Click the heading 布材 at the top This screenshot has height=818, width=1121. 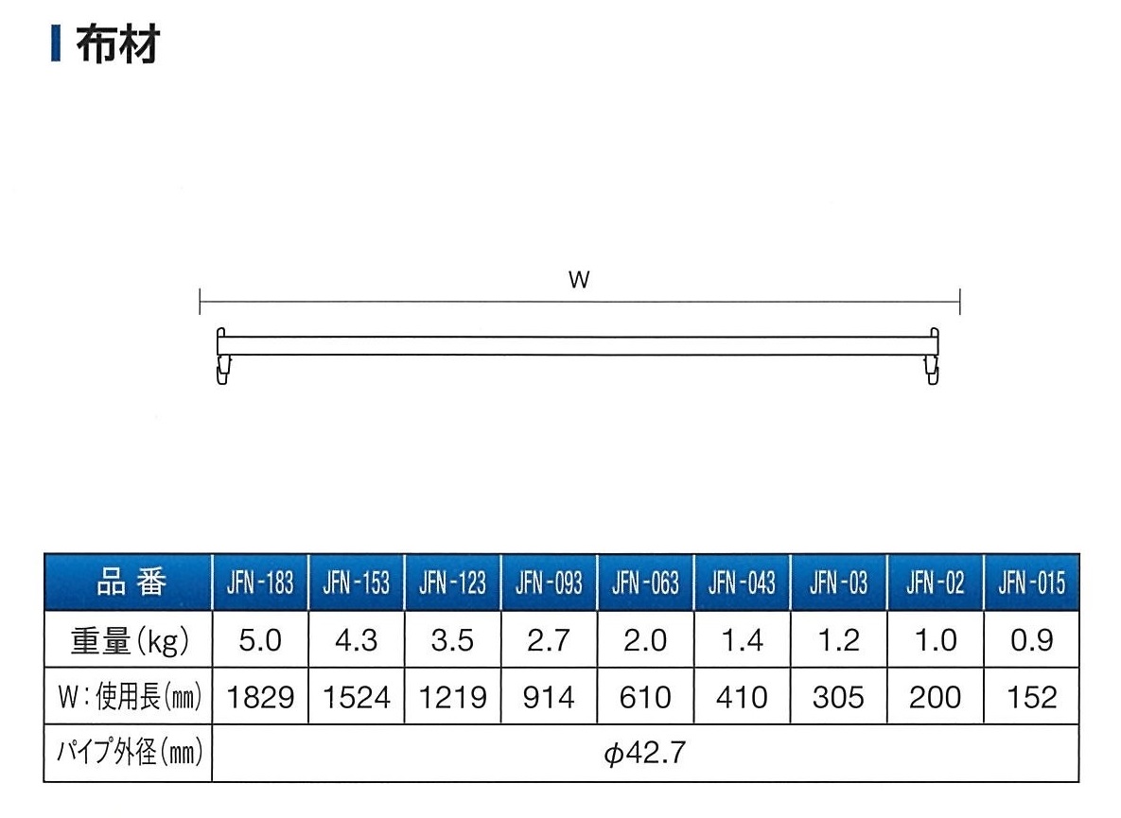(118, 44)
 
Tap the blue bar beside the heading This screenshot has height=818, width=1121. (56, 44)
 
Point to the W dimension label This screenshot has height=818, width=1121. (579, 279)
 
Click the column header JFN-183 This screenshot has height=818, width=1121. (260, 583)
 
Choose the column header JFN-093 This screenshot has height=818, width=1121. (549, 583)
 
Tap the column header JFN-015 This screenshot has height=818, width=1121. (1032, 583)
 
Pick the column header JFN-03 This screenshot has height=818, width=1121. (838, 583)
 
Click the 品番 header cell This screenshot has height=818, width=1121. (131, 583)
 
